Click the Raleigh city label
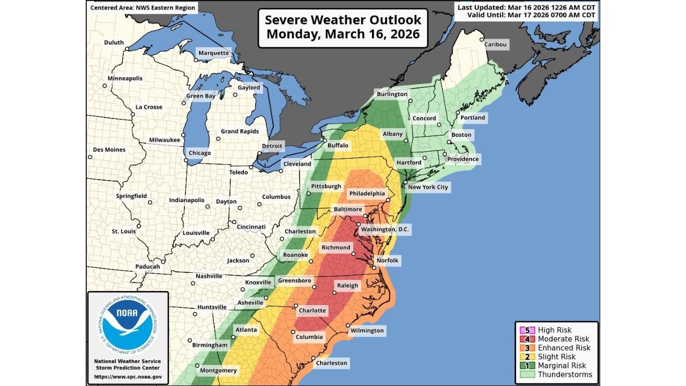[347, 286]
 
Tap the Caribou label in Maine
[496, 44]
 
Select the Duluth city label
[114, 42]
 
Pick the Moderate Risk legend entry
[563, 339]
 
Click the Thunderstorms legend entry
[565, 374]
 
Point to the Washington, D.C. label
[385, 229]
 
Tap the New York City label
[428, 187]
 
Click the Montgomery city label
[218, 370]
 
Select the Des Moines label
[109, 150]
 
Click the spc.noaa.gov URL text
[128, 377]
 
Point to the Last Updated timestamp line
[526, 7]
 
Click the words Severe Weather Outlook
[343, 20]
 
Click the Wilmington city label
[367, 331]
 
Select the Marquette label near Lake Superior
[213, 53]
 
